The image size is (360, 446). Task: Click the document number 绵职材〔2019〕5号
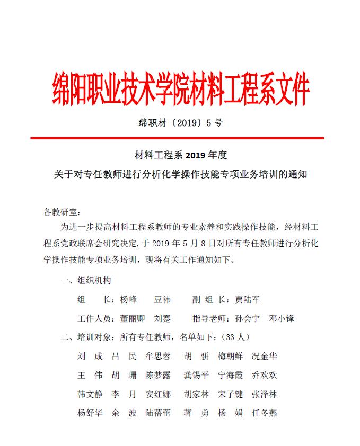coord(180,123)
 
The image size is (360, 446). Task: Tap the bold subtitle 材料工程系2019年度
coord(181,155)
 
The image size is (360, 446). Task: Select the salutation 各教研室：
coord(62,212)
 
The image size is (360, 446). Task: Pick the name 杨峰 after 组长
coord(128,300)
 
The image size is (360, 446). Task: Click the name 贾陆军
coord(248,300)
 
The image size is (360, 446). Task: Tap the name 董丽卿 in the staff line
coord(133,319)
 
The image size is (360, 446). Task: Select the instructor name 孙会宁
coord(247,319)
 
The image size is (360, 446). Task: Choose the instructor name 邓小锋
coord(282,319)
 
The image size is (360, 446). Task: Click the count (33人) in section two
coord(236,337)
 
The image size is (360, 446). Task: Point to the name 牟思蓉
coord(158,356)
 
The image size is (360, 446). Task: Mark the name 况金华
coord(264,356)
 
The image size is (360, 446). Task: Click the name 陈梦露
coord(158,375)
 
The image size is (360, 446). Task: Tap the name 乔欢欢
coord(264,375)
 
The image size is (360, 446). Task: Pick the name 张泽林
coord(264,394)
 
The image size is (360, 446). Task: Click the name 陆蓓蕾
coord(158,413)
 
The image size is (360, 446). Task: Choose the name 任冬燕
coord(264,413)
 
